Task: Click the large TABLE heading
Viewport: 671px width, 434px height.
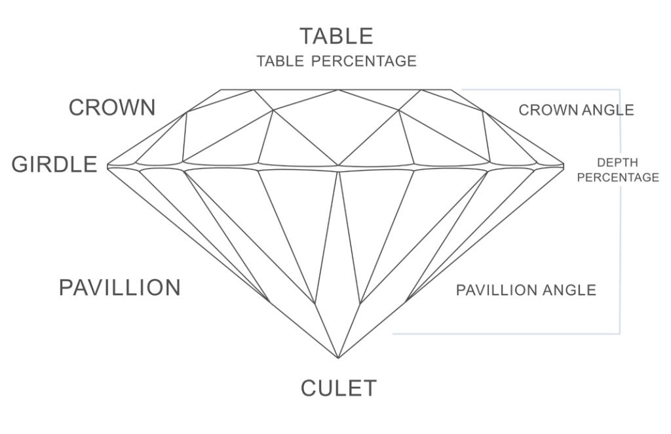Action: point(336,36)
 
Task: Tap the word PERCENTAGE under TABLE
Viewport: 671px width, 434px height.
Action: point(364,61)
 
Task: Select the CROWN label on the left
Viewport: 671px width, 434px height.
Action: point(112,108)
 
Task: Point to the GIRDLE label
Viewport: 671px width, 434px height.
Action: point(54,165)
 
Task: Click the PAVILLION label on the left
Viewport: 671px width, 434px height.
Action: point(119,287)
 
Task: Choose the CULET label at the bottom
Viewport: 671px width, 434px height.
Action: point(339,388)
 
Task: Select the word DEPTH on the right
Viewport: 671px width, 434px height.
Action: point(617,163)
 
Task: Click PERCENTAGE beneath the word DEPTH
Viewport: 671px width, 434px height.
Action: point(618,177)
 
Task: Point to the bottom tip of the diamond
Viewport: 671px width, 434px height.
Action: point(338,358)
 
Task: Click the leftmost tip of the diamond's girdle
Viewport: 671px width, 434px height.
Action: point(107,166)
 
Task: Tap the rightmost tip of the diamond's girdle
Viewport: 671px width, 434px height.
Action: point(564,165)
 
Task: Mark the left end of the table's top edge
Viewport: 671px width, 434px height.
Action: point(221,90)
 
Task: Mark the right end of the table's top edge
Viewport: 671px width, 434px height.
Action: point(451,90)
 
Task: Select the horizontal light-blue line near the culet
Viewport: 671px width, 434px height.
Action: point(507,334)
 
